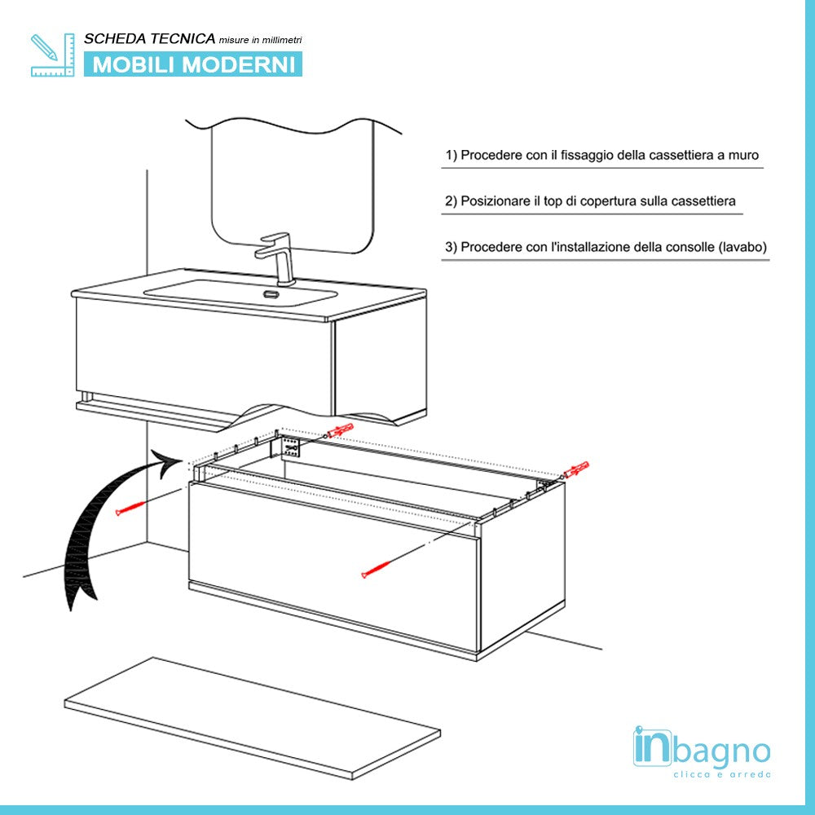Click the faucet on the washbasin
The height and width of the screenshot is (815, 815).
click(x=276, y=257)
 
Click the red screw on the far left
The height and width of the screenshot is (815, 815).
click(x=130, y=508)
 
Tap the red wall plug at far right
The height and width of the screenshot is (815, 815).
click(x=575, y=471)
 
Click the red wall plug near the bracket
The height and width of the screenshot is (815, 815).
click(x=340, y=430)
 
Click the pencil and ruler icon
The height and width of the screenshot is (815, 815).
click(x=52, y=55)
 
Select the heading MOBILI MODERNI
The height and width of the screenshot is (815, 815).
click(x=194, y=64)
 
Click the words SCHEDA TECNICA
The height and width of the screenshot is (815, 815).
click(x=150, y=38)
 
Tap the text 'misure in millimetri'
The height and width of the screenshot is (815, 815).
click(x=260, y=40)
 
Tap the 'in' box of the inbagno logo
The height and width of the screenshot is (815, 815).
click(x=652, y=748)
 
